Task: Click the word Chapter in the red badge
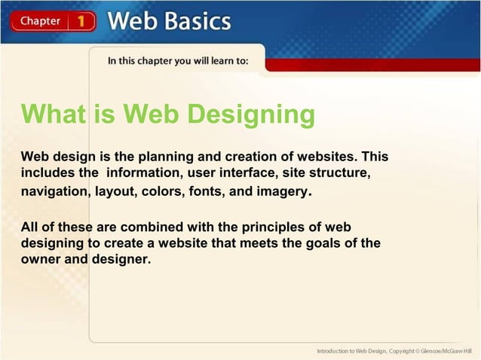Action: click(x=41, y=21)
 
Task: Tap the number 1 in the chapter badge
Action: click(x=82, y=21)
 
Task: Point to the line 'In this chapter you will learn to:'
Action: click(x=177, y=61)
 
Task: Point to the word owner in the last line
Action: click(x=40, y=260)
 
